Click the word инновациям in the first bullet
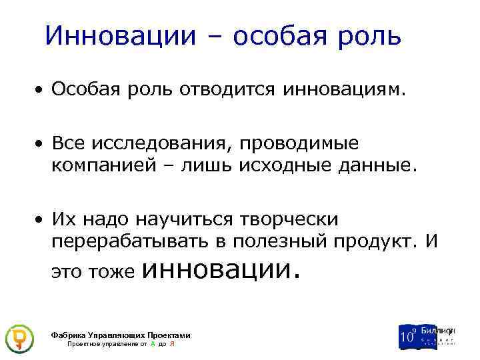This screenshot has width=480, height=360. click(x=343, y=89)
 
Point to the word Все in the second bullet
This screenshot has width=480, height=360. click(x=69, y=143)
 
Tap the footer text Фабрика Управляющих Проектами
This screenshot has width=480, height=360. click(x=121, y=335)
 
